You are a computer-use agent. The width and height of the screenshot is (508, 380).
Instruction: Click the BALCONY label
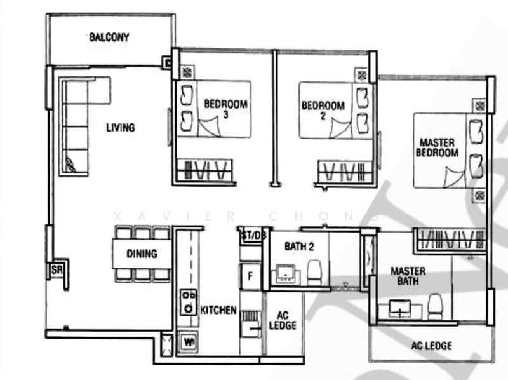click(x=109, y=37)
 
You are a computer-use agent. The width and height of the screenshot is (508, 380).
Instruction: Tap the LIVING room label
click(x=120, y=128)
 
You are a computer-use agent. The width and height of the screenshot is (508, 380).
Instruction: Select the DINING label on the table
click(x=142, y=254)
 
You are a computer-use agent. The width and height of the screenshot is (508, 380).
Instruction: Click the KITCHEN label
click(x=218, y=311)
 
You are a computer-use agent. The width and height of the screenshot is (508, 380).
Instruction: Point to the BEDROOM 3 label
click(x=225, y=109)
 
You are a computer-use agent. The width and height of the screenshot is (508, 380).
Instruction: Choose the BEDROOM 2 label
click(x=323, y=111)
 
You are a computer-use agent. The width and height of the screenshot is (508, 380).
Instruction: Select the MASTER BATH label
click(x=408, y=276)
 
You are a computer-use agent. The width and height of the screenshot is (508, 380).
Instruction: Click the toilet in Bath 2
click(x=315, y=273)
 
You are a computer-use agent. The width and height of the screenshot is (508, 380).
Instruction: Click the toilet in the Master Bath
click(x=435, y=306)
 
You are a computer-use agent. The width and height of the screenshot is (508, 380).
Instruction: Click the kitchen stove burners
click(x=189, y=302)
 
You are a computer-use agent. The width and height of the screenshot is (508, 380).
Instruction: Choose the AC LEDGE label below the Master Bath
click(x=432, y=346)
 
